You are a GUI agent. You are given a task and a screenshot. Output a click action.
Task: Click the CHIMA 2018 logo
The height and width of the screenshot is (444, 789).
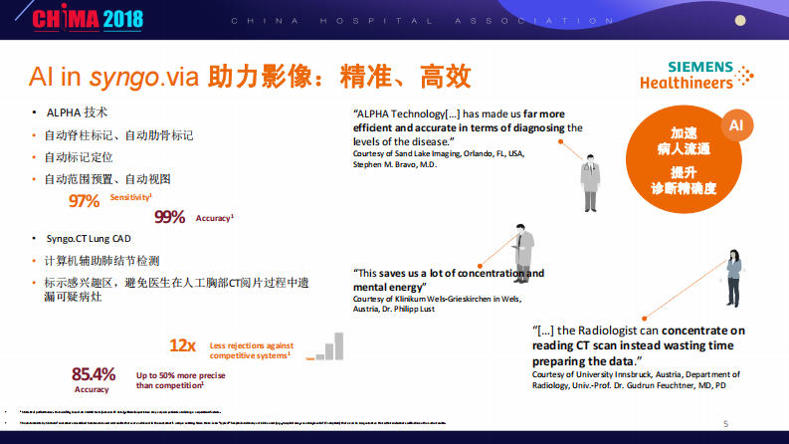tap(76, 19)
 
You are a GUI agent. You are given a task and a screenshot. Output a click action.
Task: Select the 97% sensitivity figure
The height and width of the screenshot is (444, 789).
tap(85, 201)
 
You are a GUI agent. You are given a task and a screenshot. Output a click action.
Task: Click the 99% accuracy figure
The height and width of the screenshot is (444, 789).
tap(170, 217)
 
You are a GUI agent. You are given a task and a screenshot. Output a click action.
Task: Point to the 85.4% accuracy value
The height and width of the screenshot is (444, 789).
tap(94, 374)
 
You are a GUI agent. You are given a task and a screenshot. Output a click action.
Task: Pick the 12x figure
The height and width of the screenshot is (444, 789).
tap(182, 345)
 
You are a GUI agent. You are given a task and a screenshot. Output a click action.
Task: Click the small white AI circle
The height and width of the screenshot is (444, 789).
tap(736, 126)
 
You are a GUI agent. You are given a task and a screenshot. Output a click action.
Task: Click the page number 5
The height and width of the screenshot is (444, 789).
tap(725, 423)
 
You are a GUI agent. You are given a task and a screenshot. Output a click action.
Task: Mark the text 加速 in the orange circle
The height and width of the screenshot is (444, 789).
tap(684, 133)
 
